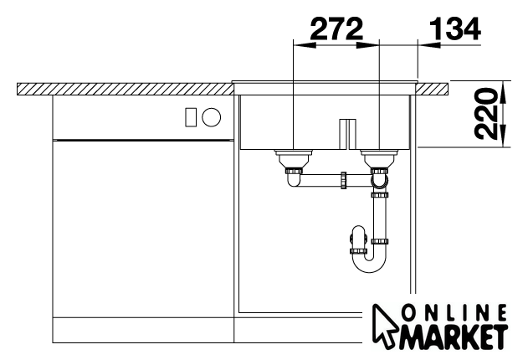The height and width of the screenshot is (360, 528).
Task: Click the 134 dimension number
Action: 454,28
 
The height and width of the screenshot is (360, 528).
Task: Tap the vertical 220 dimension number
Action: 485,114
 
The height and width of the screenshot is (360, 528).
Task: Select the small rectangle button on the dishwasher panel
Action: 191,117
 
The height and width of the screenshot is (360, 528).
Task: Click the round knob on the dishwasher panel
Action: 212,117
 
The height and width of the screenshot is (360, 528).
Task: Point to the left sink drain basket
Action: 294,157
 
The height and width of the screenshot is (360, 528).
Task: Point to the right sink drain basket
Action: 380,157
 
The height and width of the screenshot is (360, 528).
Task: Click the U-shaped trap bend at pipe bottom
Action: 370,265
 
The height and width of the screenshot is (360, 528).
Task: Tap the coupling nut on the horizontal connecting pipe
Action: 343,180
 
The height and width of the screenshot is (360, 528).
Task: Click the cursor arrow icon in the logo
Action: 386,324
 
